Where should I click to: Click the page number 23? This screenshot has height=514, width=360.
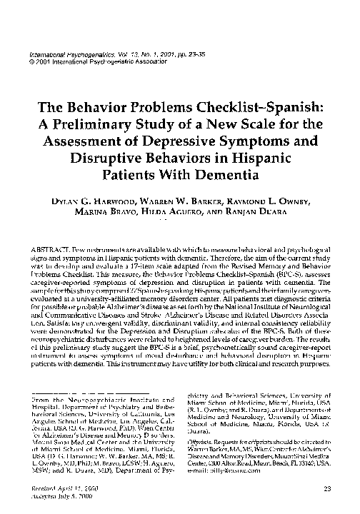coord(328,488)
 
